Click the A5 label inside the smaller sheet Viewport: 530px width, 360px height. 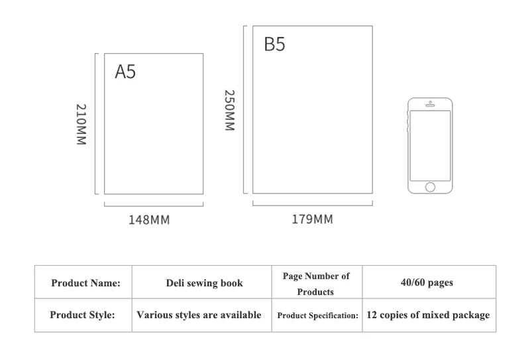[125, 72]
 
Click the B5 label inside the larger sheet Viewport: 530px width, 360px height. [274, 44]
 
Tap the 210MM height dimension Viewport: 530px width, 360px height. [81, 124]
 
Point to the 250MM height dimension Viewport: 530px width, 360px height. [229, 110]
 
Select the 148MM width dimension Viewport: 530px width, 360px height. [149, 220]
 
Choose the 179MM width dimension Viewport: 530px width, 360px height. [312, 219]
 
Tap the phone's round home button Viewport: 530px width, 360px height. [430, 187]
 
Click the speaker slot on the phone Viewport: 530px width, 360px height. [430, 105]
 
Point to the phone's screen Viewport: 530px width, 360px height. [430, 145]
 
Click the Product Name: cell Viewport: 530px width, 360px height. [83, 282]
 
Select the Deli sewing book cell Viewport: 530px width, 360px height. [202, 282]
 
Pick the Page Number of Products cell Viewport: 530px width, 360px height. [317, 282]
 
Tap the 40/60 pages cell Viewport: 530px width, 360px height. [429, 282]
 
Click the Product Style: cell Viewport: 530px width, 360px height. [83, 315]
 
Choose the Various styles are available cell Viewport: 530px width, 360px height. [202, 315]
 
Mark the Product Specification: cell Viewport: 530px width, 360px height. [317, 315]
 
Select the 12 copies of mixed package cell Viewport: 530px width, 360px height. [429, 315]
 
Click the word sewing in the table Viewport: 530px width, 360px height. [196, 283]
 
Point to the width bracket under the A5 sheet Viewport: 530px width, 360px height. [154, 206]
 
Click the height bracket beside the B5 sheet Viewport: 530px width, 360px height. [244, 109]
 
